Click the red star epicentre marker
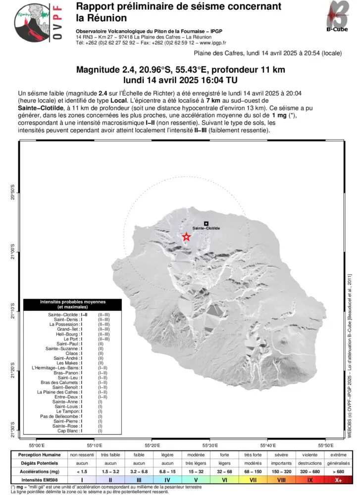186,237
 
